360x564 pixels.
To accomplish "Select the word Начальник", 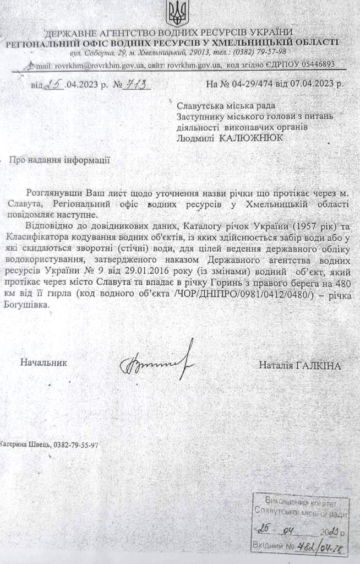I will tap(43, 363).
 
